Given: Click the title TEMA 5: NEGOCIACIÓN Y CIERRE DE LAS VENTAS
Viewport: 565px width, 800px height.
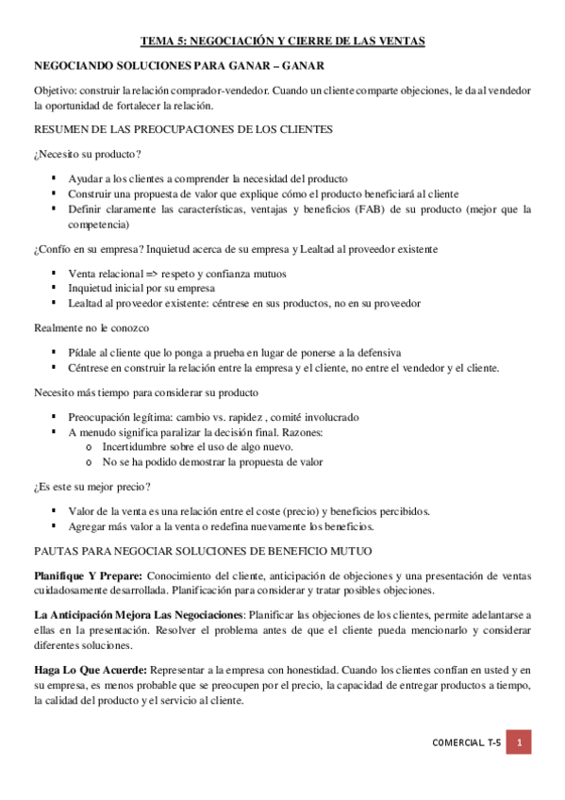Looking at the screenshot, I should tap(282, 42).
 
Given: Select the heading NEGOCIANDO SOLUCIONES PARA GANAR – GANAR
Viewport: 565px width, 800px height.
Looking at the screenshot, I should tap(178, 66).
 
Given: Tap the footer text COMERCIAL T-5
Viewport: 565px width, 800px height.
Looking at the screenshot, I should tap(466, 743).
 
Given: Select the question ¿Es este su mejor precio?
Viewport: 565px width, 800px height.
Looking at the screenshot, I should tap(92, 486).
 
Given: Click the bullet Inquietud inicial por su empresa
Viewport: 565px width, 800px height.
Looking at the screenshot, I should tap(142, 288).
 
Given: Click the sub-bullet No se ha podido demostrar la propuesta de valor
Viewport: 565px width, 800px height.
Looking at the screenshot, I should tap(212, 462).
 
